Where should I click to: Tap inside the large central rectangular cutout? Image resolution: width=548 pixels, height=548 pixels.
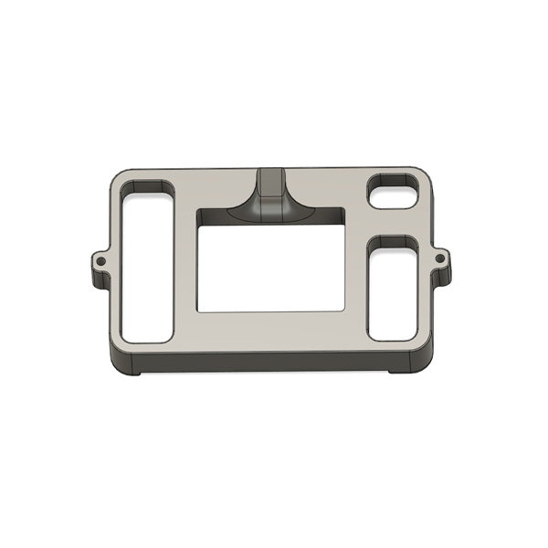click(270, 265)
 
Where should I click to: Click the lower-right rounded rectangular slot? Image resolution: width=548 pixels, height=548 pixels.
click(394, 290)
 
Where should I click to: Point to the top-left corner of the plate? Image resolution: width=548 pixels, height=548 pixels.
click(117, 175)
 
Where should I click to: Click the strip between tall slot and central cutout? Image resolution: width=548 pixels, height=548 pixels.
click(185, 265)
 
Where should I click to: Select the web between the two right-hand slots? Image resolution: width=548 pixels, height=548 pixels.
click(394, 222)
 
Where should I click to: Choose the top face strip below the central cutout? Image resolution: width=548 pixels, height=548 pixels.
click(270, 329)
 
